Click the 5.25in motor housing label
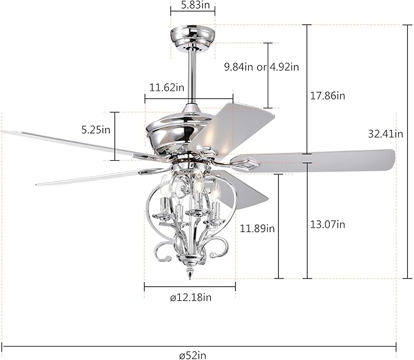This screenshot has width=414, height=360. coord(96,129)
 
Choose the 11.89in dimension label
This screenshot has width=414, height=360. coord(257,228)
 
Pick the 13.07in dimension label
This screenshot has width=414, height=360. coord(328,224)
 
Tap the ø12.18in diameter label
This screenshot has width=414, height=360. coord(190,297)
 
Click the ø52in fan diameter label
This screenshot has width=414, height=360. coord(196,353)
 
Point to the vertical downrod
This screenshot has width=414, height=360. coord(192,73)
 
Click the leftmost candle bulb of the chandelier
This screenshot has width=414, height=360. coord(163,183)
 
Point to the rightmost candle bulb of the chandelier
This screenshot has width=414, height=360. coord(216,194)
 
